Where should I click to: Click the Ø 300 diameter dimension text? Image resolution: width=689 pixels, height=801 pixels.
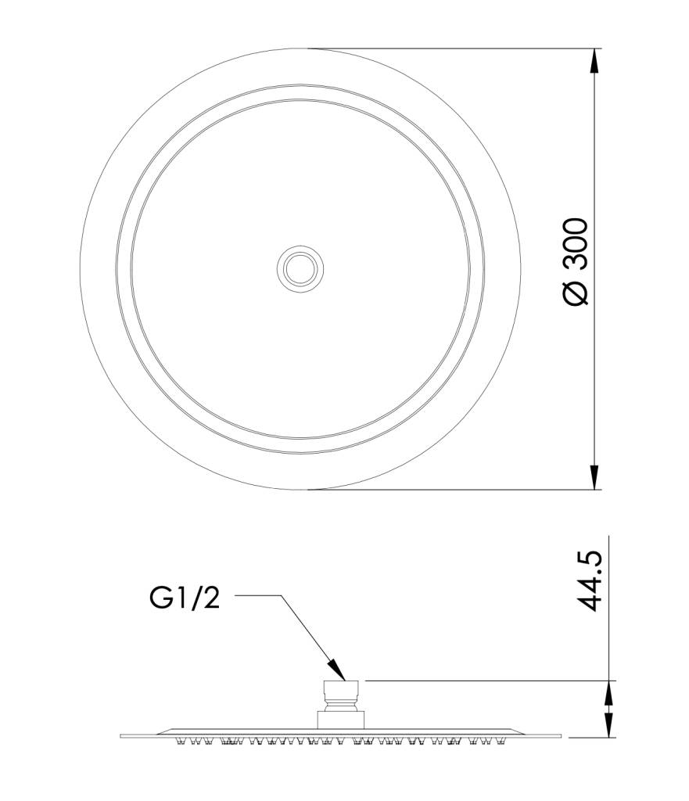point(576,261)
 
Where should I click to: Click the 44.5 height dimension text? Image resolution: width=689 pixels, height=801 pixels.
point(591,581)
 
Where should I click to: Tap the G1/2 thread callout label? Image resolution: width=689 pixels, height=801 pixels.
point(185,597)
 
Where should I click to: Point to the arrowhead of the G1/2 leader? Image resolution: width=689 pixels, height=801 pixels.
point(337,670)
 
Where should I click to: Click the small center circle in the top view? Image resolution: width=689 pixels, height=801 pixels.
point(300,269)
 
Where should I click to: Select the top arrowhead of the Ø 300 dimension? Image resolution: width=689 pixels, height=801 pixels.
point(594,61)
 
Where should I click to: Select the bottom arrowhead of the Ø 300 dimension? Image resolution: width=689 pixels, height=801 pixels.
point(594,477)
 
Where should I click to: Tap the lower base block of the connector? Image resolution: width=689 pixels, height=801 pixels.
point(341,720)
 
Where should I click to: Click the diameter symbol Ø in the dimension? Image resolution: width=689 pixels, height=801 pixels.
point(576,293)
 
